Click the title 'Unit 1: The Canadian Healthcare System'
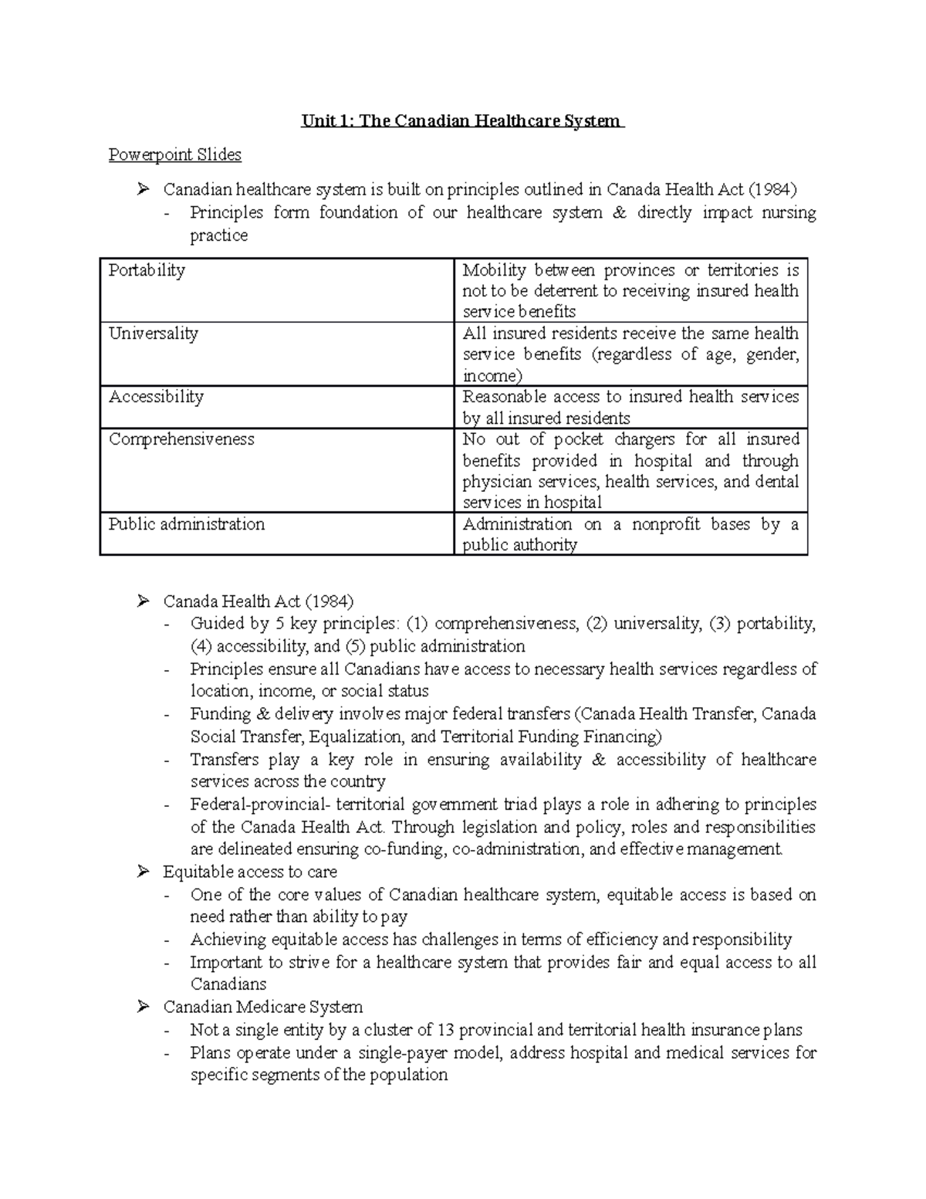461,121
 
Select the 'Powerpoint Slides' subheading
174,155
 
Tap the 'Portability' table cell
147,270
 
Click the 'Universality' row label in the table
154,334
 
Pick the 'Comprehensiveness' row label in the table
181,439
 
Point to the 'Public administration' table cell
187,524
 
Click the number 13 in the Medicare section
445,1030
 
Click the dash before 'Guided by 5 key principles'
168,624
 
